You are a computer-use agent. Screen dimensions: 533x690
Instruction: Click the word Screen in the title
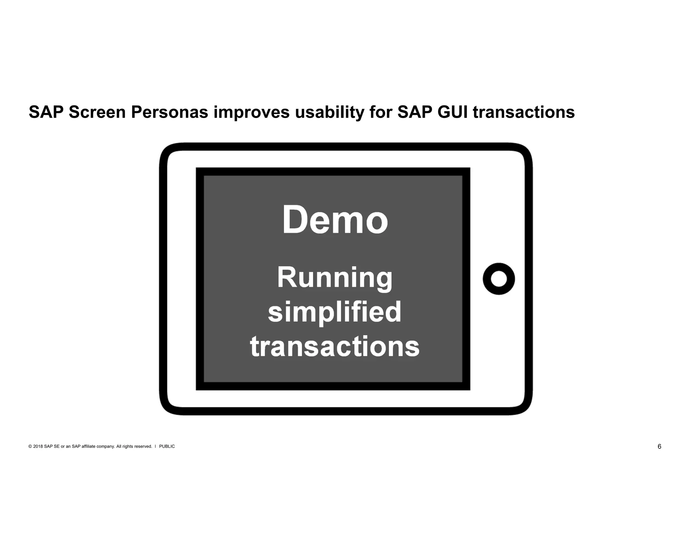[97, 112]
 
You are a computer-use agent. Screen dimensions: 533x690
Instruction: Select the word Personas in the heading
[169, 112]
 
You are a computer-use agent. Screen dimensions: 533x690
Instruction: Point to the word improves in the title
[252, 113]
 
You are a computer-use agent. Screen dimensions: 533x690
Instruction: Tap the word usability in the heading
[330, 112]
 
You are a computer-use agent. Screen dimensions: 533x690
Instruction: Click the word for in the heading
[381, 112]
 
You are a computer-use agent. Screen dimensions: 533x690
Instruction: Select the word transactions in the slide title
[524, 112]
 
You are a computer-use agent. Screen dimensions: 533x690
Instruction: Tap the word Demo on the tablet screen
[335, 220]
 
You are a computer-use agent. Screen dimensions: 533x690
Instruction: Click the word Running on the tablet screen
[335, 278]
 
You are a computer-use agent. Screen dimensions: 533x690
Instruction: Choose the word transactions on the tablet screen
[335, 347]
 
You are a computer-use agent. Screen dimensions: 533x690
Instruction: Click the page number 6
[659, 446]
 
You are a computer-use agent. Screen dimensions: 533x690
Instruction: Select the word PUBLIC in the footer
[167, 446]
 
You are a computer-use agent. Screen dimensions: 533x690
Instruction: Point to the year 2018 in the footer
[38, 446]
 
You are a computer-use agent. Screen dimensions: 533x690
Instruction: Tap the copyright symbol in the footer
[30, 446]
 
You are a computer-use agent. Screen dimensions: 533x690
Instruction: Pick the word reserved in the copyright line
[143, 446]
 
